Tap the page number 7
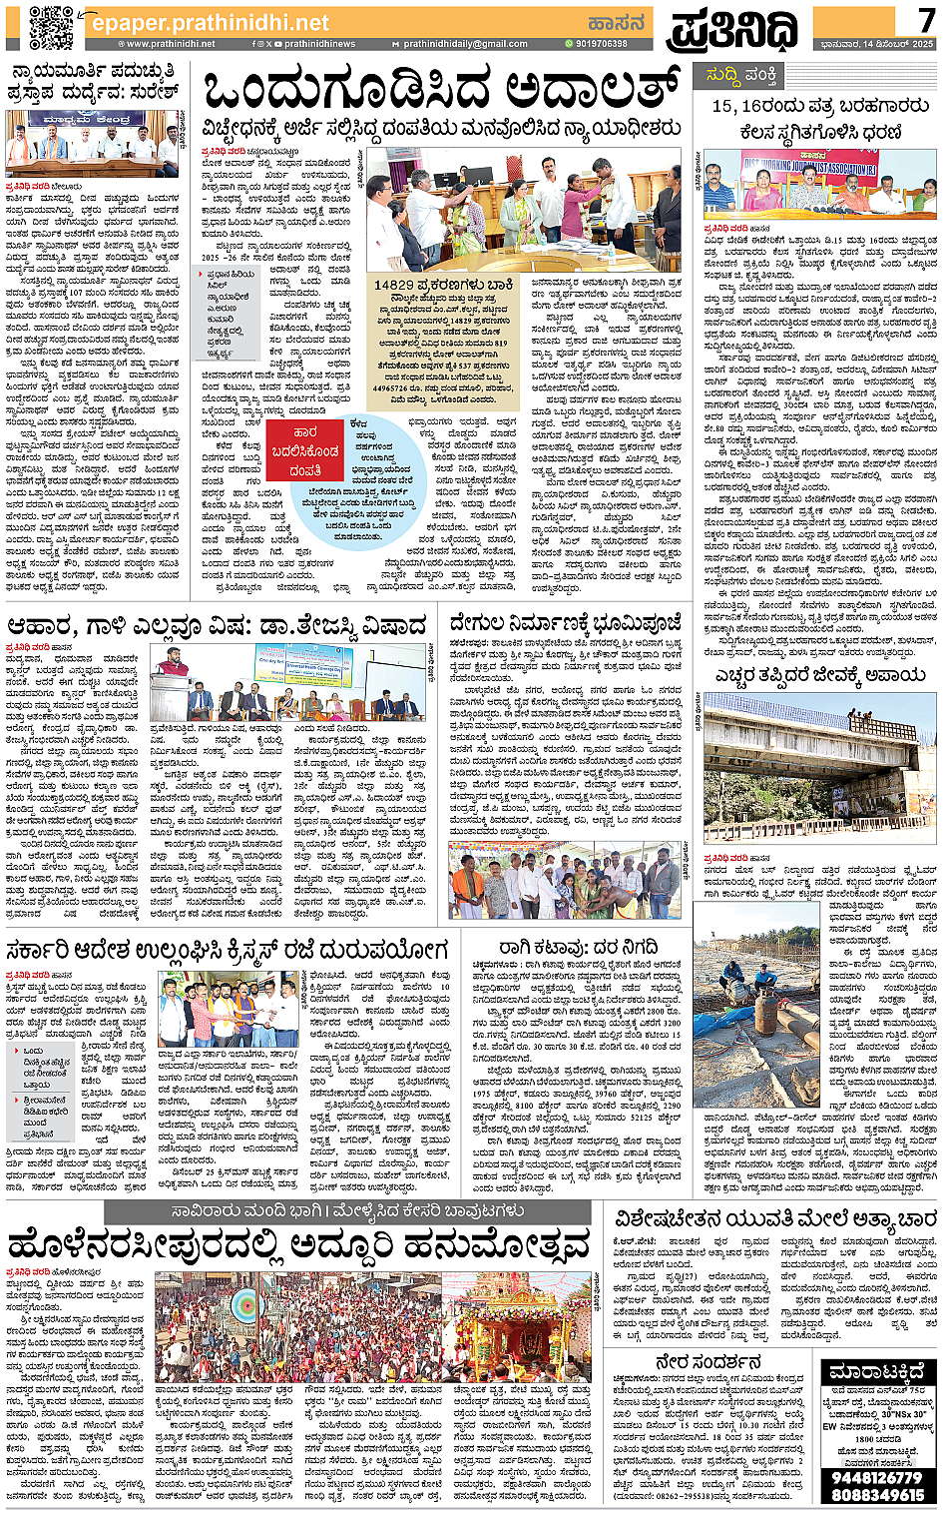click(927, 19)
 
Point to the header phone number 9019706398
click(596, 44)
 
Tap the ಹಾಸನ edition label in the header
click(617, 22)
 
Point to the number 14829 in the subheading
click(394, 285)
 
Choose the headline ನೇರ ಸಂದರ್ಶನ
click(708, 1362)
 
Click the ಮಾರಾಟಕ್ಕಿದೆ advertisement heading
click(877, 1372)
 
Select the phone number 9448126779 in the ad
click(877, 1477)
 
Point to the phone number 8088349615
click(877, 1495)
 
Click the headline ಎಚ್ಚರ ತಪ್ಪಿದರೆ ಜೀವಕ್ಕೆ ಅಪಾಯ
click(820, 675)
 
